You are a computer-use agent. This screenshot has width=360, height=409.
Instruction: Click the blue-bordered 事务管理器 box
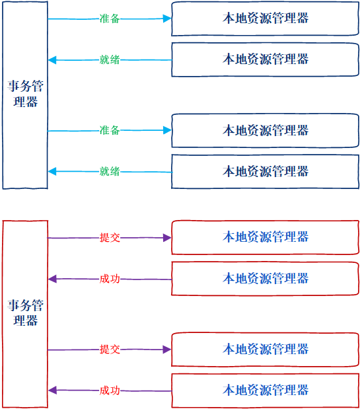coord(25,95)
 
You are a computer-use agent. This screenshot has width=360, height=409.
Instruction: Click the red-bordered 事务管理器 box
coord(25,313)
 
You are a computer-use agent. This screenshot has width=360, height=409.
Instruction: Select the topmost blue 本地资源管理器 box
coord(265,19)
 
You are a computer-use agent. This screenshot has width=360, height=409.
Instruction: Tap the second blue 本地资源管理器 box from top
coord(265,59)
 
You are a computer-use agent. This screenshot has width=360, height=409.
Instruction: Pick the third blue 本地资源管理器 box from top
coord(265,131)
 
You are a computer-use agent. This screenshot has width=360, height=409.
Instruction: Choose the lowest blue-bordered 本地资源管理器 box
coord(265,172)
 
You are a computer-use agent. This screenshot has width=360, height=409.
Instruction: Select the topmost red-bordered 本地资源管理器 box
coord(265,237)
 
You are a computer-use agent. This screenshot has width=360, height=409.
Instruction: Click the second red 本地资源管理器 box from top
coord(265,279)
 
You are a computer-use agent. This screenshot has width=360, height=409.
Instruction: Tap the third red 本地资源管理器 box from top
coord(265,349)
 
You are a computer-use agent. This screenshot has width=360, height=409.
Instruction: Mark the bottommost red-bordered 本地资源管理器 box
coord(265,390)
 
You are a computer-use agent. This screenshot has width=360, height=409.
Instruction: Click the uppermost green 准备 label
coord(110,19)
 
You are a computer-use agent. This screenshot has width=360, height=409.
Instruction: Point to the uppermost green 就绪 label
coord(110,60)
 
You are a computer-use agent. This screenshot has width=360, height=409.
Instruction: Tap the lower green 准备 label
coord(110,131)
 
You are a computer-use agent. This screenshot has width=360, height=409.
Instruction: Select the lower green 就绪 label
coord(110,172)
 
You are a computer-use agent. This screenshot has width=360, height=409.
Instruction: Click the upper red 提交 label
coord(110,238)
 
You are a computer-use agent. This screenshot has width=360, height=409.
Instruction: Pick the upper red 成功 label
coord(110,279)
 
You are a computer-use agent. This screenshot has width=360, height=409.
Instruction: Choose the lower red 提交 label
coord(110,350)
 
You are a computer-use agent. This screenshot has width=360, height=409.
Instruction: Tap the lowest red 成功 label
coord(110,390)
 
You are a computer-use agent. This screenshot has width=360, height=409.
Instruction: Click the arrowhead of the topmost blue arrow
coord(167,19)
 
